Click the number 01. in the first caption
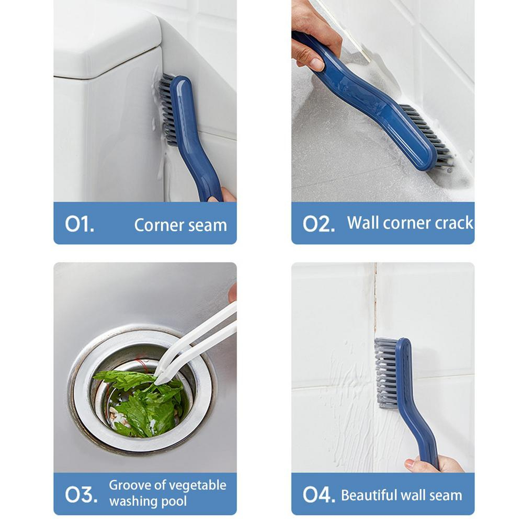click(79, 224)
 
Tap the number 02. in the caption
click(319, 224)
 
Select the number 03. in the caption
click(82, 494)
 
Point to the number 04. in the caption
click(319, 494)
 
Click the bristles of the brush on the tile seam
click(386, 372)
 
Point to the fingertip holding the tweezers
click(233, 292)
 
